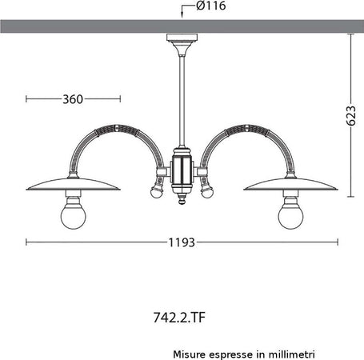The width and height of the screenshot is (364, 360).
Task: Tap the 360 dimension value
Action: point(73,99)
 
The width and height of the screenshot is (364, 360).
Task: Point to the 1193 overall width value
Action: point(182,241)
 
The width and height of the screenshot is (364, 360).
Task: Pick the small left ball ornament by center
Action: point(156,192)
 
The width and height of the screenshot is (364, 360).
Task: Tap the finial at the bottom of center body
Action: point(182,202)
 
